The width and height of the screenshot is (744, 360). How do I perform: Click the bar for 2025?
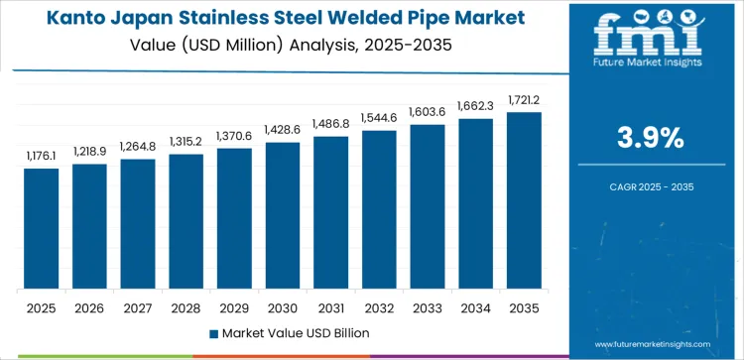click(42, 228)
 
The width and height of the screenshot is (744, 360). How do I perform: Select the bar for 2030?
click(283, 215)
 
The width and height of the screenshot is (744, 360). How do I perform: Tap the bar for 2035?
click(524, 200)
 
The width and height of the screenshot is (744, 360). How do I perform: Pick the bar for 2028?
click(186, 221)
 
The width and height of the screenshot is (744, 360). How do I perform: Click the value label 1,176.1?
click(42, 155)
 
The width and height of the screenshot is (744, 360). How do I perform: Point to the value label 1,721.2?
click(524, 99)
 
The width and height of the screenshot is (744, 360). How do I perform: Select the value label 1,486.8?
click(331, 123)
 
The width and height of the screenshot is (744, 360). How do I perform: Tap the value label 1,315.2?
click(186, 141)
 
